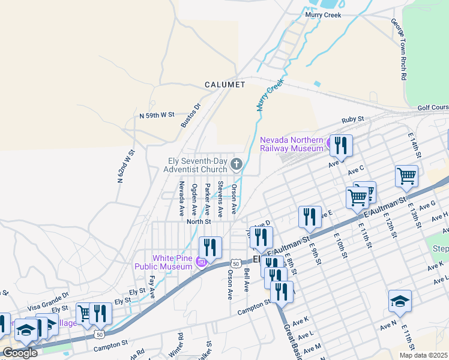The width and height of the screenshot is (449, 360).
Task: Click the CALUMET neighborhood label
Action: pos(225,85)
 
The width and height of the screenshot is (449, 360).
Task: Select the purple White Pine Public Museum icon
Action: pos(202,262)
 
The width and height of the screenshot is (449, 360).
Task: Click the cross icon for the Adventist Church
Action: pos(237,164)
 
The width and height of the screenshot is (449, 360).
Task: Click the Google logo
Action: pos(19,353)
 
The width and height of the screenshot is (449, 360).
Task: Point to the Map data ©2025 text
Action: pos(423,355)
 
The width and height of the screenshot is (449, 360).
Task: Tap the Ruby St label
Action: pos(353,120)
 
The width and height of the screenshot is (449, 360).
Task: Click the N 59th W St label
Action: pos(156,114)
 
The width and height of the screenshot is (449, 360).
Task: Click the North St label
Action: pos(198,221)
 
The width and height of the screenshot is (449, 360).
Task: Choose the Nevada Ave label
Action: pos(181,200)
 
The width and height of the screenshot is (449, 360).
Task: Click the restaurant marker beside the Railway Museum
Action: pos(341,146)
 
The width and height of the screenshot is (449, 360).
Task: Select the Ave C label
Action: pos(356,170)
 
